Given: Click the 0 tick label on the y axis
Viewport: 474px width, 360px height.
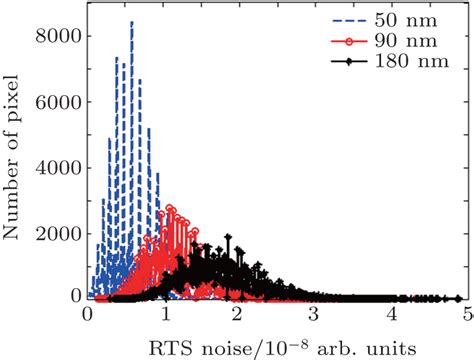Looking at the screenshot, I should coord(73,295).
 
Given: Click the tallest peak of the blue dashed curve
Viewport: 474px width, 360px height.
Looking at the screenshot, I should coord(132,23).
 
